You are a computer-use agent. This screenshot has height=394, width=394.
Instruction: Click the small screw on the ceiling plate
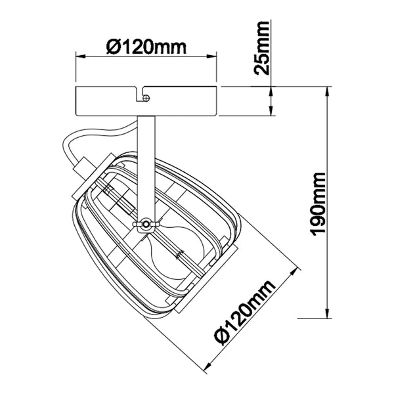point(146,98)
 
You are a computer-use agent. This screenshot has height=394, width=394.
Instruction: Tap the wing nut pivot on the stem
point(144,225)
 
